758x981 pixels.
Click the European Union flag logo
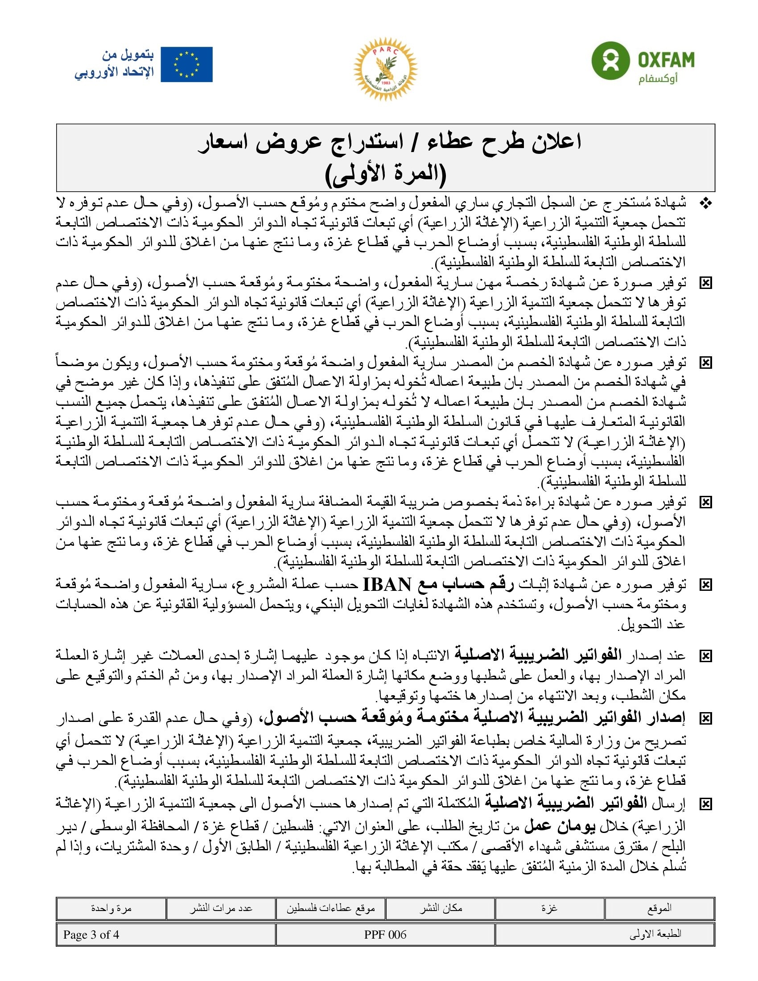186,64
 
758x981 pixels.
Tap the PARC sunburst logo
385,68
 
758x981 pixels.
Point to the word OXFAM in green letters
667,60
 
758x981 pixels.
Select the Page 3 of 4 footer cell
91,935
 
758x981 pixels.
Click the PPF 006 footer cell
385,935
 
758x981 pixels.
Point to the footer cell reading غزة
550,908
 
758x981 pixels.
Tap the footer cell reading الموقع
659,908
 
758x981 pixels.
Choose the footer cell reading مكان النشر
441,908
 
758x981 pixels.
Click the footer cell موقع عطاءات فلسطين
330,908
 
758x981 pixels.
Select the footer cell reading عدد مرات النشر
220,908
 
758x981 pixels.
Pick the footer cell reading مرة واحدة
111,908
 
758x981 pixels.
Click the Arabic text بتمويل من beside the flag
128,55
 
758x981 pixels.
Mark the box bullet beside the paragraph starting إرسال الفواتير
706,804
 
